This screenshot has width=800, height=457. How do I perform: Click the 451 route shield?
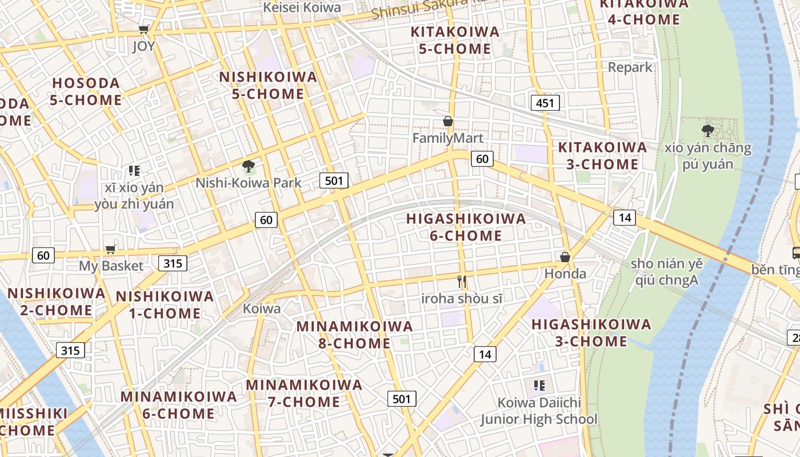pos(545,103)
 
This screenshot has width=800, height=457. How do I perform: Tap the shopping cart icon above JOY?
pos(144,29)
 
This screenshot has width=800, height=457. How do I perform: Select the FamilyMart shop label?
pos(448,138)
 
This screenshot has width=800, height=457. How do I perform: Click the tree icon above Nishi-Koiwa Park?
pos(248,166)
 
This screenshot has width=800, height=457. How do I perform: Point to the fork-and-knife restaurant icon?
pos(462,282)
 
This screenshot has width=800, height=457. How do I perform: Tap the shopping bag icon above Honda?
pos(565,257)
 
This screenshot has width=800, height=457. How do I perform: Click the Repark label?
pos(630,67)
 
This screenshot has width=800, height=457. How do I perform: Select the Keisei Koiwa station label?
pos(302,7)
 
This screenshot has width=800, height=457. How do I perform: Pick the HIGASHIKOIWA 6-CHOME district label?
pos(466,227)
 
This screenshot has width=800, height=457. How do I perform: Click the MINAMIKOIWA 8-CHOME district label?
pos(354,335)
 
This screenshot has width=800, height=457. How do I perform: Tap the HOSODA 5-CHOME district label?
pos(86,91)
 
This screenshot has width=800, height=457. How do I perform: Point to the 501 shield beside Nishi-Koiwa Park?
pos(334,181)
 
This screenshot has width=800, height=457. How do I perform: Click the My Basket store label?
pos(111,266)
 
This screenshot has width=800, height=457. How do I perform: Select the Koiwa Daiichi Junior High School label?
pos(539,411)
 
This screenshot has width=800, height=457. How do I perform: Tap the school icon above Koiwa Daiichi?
pos(539,386)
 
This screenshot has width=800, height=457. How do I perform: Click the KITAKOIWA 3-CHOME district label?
pos(602,156)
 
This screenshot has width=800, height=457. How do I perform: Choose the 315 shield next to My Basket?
pos(173,263)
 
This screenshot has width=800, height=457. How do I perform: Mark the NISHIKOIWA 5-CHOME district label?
pos(268,85)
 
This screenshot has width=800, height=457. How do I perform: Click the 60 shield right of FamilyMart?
pos(482,158)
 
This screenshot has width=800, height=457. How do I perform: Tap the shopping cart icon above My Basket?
pos(111,249)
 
